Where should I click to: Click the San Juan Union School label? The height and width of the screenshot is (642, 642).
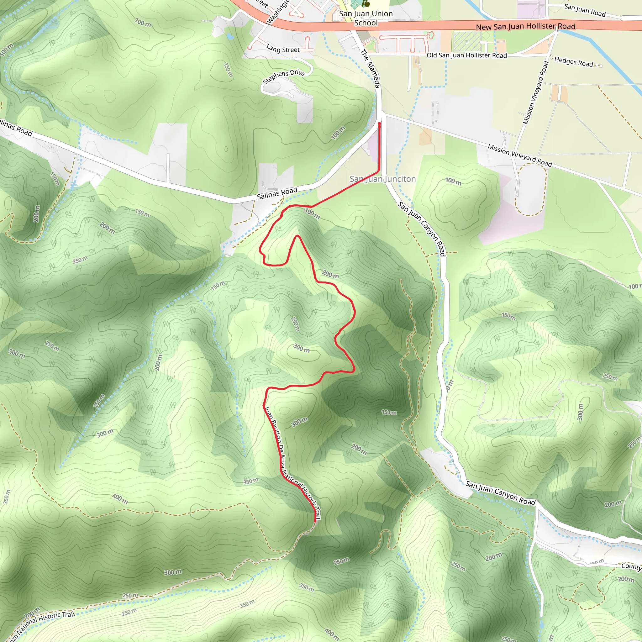[366, 18]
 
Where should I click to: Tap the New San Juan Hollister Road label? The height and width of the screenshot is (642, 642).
[525, 27]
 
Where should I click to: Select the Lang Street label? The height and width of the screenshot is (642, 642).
[283, 49]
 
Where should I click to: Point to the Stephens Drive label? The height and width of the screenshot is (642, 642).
[283, 77]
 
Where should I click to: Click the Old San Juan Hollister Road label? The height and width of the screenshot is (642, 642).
[466, 55]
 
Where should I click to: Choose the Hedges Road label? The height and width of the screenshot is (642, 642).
[574, 62]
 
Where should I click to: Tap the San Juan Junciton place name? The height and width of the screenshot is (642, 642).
[382, 179]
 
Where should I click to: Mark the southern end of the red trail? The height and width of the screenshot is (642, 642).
[315, 521]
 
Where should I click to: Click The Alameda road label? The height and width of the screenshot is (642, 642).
[370, 68]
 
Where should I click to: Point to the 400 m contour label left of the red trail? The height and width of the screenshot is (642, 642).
[120, 498]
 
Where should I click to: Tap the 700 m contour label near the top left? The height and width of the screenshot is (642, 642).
[143, 23]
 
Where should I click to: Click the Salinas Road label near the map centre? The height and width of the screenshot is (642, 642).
[277, 193]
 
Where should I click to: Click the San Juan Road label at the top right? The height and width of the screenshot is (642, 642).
[585, 10]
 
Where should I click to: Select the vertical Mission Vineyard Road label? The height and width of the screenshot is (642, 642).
[535, 93]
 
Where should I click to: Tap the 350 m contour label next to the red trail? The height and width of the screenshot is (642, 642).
[250, 481]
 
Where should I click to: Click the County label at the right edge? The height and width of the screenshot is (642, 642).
[631, 566]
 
